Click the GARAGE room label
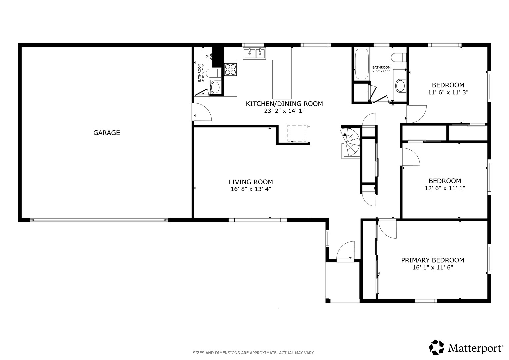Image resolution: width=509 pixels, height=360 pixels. pos(107,133)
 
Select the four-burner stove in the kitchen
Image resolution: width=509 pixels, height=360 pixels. pos(230,69)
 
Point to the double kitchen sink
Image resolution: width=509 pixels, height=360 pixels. pos(254,53)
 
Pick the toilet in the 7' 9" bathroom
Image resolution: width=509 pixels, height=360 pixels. pos(399,57)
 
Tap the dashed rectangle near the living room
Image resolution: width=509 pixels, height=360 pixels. pos(297,133)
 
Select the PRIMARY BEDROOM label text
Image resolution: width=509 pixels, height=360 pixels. pos(433,260)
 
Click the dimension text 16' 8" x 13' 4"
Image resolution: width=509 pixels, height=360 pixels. pos(251,189)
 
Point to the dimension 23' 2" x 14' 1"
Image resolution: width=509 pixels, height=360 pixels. pos(284,111)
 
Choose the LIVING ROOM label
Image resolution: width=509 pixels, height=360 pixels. pos(251,182)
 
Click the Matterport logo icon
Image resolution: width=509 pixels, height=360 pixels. pos(436,347)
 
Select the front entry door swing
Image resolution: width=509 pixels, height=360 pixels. pos(345,251)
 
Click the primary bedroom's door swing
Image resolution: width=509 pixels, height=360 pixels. pos(387,229)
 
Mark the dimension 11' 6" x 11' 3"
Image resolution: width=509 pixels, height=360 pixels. pos(448,93)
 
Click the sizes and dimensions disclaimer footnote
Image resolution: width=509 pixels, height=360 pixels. pos(254,353)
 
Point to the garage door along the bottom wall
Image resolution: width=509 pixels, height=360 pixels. pos(99,220)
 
